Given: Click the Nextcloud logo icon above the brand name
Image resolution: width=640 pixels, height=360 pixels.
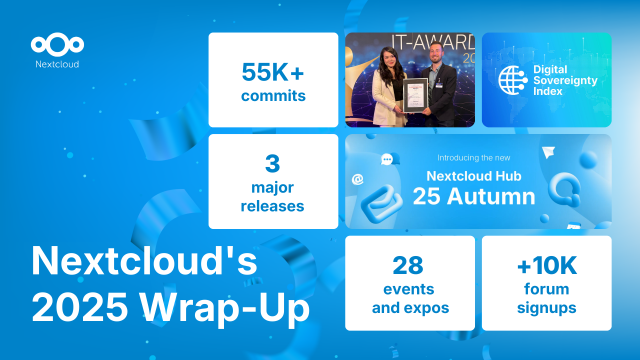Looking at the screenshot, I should click(x=57, y=44).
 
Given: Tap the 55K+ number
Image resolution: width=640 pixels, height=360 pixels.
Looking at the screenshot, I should click(x=273, y=72).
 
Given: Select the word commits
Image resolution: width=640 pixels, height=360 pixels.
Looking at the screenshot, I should click(x=273, y=97).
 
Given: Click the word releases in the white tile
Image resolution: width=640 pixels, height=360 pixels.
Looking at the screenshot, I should click(x=273, y=206).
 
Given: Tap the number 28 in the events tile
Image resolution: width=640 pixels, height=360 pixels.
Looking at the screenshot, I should click(x=410, y=265).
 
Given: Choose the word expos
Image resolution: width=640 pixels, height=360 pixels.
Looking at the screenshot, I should click(x=435, y=308).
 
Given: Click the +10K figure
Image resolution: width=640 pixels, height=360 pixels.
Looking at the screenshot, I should click(x=546, y=265).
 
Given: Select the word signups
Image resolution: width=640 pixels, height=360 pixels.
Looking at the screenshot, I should click(x=546, y=308).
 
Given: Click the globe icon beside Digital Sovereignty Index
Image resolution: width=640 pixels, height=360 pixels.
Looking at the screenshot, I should click(x=513, y=80).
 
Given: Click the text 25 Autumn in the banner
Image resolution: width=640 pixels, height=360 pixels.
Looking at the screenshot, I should click(x=477, y=195).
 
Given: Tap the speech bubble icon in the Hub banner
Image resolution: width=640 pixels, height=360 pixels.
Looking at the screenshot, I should click(x=387, y=159).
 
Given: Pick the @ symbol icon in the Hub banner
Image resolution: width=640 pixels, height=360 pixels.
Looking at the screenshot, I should click(x=358, y=180).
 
